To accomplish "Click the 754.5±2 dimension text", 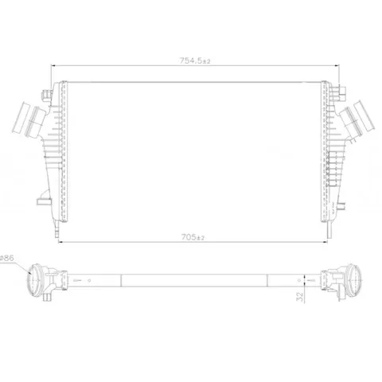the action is [195, 60].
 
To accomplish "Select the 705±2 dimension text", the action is [193, 237].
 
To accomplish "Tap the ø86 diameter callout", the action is [7, 258].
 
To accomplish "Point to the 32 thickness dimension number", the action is [300, 297].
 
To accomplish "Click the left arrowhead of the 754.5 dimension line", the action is [53, 65].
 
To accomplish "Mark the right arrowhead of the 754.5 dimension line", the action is [337, 65].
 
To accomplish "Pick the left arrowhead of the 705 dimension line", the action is [60, 242].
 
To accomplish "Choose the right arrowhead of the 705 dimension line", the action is [325, 242].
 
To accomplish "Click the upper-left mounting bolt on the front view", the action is [46, 95].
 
